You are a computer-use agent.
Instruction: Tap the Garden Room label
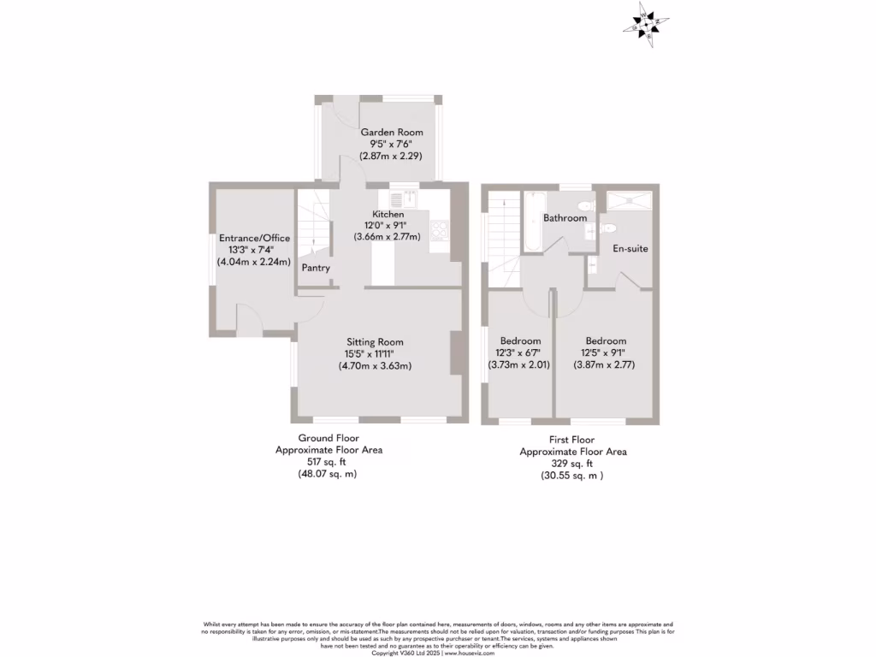[392, 133]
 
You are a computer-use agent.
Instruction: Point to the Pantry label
[316, 268]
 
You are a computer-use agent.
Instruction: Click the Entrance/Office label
[254, 238]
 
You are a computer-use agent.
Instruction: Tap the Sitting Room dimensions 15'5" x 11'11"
[375, 353]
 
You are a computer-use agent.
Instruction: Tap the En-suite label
[631, 249]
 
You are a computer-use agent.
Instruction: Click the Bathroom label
[565, 218]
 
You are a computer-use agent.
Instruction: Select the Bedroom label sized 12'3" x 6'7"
[520, 340]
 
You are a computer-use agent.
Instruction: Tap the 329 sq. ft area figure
[573, 464]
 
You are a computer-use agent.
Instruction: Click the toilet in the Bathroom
[587, 205]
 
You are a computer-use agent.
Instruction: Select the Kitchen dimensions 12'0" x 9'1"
[388, 225]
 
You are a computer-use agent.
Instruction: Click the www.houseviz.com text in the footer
[470, 653]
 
